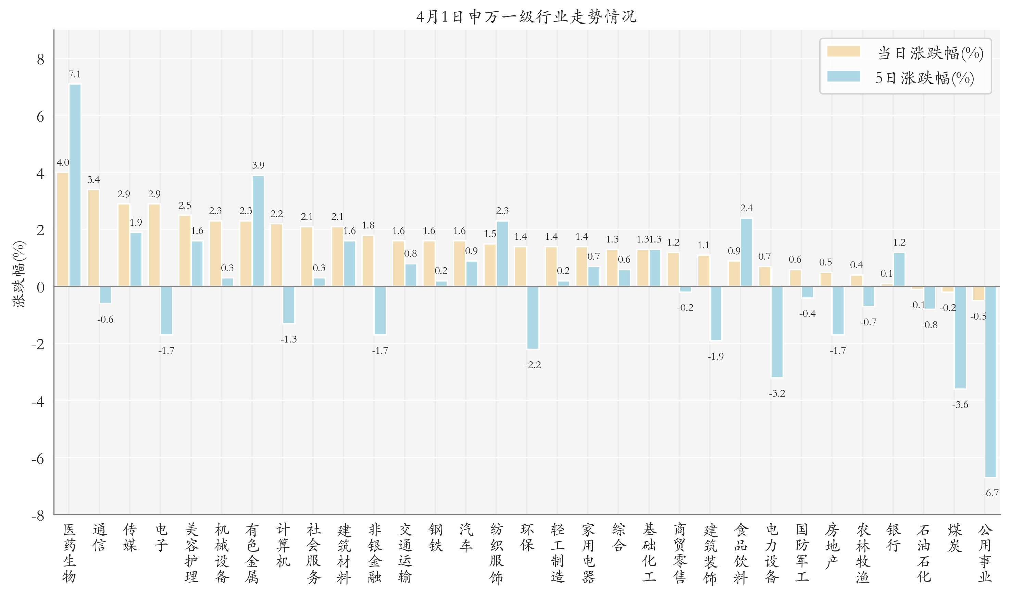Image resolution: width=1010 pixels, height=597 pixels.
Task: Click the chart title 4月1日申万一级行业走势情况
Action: click(x=526, y=17)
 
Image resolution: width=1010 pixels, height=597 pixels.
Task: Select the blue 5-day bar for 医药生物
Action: click(x=75, y=185)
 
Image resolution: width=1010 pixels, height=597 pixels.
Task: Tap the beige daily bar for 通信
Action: click(x=93, y=238)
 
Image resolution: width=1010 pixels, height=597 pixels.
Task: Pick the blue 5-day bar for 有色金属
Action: click(x=258, y=231)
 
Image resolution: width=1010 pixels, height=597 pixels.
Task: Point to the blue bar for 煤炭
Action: click(x=960, y=337)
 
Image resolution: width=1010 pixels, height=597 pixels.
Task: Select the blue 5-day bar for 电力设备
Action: click(x=777, y=332)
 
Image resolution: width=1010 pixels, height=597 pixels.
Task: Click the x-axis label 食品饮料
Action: click(x=740, y=553)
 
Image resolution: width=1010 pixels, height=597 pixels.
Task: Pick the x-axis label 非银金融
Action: click(x=374, y=553)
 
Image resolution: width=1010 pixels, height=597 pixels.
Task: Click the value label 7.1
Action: click(x=74, y=74)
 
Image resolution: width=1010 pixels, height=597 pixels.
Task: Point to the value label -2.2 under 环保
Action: click(x=533, y=365)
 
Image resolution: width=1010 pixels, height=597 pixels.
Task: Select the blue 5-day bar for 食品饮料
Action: click(x=746, y=252)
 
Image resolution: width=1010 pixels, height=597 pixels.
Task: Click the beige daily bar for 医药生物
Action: click(x=63, y=229)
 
